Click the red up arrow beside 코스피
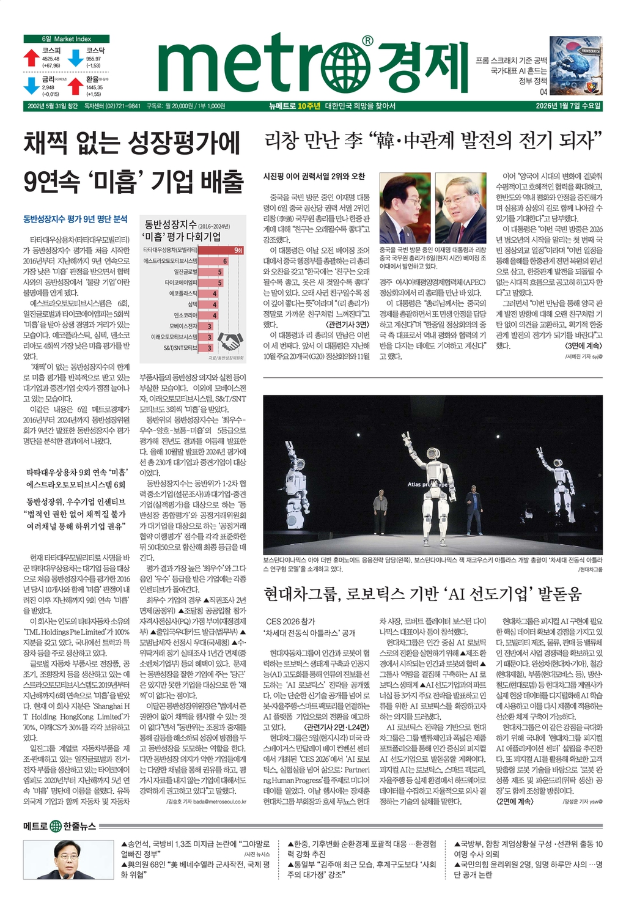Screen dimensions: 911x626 [x=31, y=57]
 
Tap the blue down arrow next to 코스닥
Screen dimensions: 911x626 [x=75, y=57]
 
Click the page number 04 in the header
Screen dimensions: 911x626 [x=543, y=92]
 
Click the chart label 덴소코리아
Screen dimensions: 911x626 [x=185, y=315]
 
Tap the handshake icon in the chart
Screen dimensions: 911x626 [x=231, y=341]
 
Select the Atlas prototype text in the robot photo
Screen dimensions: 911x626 [x=428, y=484]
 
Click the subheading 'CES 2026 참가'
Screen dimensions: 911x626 [x=290, y=621]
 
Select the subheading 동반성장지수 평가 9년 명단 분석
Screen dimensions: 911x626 [x=75, y=218]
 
